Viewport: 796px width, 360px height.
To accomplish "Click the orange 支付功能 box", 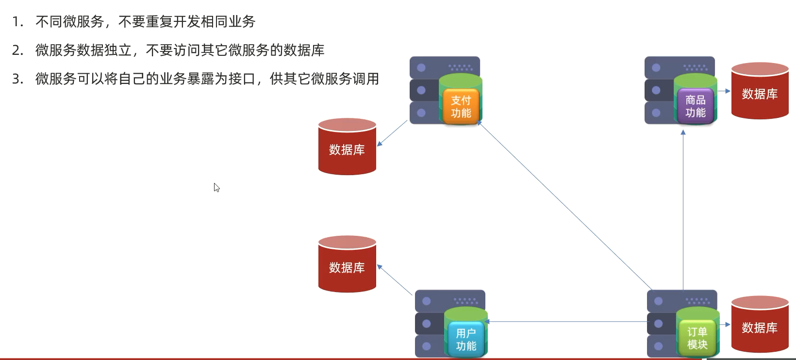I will click(x=461, y=106).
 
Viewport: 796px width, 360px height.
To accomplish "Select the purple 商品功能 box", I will click(x=695, y=106).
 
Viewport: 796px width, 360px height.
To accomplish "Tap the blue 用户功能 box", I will click(x=466, y=339).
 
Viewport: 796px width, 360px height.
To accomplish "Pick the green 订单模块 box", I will click(x=697, y=338).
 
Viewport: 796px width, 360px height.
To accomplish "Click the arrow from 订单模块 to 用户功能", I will click(x=568, y=322).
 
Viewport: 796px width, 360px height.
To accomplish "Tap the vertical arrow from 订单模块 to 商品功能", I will click(x=683, y=209).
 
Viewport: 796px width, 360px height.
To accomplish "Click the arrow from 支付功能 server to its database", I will click(x=392, y=133).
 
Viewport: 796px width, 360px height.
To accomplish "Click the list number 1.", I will click(x=17, y=22).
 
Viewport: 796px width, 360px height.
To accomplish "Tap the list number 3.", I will click(x=17, y=79).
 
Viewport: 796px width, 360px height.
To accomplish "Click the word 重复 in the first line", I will click(x=159, y=22).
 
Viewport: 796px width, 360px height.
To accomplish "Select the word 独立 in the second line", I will click(x=118, y=50).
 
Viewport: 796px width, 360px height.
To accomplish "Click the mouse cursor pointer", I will click(x=216, y=187).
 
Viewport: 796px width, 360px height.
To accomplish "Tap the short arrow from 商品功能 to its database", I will click(x=724, y=91).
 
